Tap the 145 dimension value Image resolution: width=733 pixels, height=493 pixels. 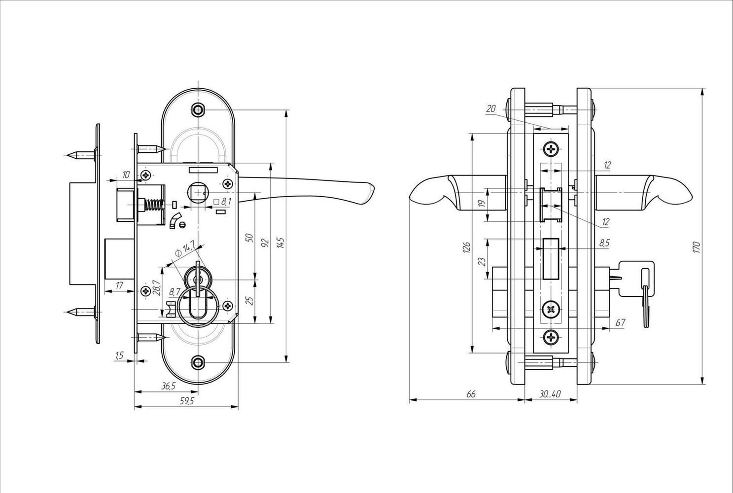coord(281,243)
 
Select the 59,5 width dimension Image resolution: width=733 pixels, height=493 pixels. coord(186,401)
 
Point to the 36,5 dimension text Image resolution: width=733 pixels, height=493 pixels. coord(169,387)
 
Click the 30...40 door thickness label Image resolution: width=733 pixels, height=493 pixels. coord(550,394)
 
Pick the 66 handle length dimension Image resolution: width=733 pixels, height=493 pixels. coord(471,394)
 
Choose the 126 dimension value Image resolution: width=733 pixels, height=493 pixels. coord(467,247)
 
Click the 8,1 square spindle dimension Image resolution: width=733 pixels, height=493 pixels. coord(222,202)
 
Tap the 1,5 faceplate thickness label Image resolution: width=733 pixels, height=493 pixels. coord(119,355)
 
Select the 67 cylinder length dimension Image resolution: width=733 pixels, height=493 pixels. coord(620,322)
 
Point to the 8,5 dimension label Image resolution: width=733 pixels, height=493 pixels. coord(604,243)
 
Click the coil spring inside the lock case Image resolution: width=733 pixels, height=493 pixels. coord(153,205)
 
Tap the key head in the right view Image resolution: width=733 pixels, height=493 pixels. coord(637,279)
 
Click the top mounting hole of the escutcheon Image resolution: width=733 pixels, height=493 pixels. coord(198,109)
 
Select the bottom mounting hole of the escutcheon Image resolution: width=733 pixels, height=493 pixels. coord(198,362)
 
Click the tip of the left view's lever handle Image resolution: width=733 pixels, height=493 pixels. coord(374,188)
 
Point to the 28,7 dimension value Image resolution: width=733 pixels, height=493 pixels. coord(156,288)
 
